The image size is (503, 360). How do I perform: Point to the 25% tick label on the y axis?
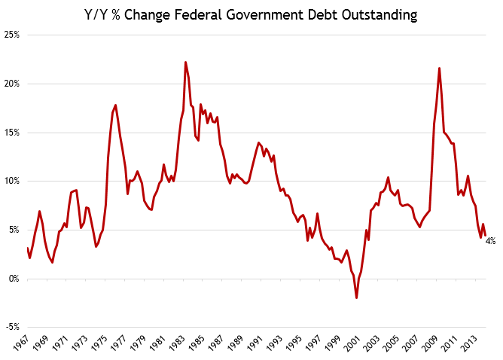point(11,35)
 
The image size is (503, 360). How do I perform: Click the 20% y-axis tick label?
point(11,84)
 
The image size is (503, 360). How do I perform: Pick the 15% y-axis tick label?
point(11,133)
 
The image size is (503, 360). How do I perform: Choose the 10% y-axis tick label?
point(11,182)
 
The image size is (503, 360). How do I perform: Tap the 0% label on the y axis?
point(14,279)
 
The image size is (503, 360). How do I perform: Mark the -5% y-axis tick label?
point(12,327)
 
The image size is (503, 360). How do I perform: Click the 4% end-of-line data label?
point(490,241)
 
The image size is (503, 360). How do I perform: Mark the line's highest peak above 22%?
point(185,63)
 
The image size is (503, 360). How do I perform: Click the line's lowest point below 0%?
point(356,298)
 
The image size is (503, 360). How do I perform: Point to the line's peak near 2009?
point(439,69)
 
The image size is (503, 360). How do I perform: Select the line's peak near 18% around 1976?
point(115,105)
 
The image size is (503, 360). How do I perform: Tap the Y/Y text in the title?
point(98,15)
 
